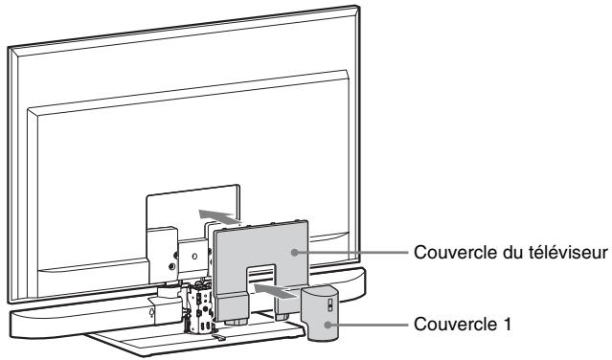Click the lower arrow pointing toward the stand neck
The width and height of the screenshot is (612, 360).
[x=273, y=286]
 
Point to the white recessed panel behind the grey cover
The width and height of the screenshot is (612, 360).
[x=182, y=215]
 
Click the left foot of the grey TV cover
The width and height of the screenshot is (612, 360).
[x=230, y=308]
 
